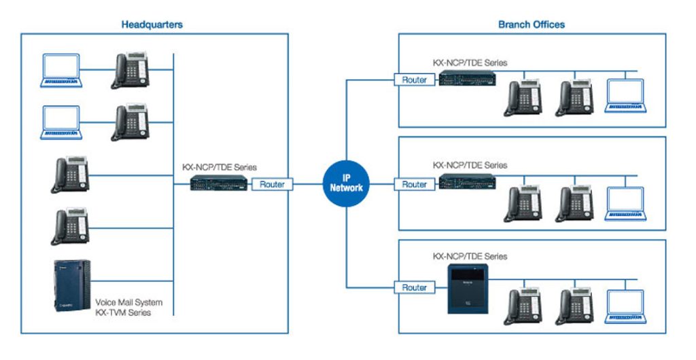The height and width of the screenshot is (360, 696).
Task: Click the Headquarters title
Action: [152, 24]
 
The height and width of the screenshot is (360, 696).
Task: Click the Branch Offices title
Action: [531, 24]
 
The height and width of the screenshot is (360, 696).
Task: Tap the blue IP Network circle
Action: [347, 183]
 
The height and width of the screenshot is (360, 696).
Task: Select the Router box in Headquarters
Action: [272, 184]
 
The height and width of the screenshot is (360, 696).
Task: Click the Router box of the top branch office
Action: [414, 79]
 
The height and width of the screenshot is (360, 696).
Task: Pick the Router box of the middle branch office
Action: [414, 184]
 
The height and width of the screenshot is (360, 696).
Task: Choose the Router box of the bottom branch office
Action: [414, 287]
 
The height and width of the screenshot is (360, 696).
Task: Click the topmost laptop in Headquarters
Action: [61, 71]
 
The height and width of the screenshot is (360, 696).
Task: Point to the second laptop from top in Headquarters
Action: [61, 122]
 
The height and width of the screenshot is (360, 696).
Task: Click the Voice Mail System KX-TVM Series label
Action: [129, 307]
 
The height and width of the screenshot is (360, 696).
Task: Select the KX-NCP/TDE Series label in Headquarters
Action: [220, 166]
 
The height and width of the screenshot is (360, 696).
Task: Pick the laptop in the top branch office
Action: [626, 96]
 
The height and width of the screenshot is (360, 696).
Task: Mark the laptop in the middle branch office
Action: [626, 203]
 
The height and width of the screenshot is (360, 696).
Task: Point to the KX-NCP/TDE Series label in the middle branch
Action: [470, 165]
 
